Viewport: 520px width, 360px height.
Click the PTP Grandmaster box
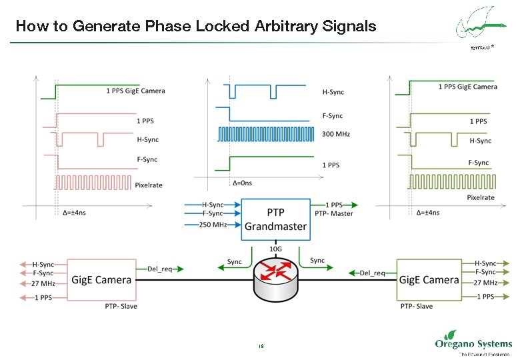click(x=275, y=219)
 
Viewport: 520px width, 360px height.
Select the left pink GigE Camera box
click(x=102, y=280)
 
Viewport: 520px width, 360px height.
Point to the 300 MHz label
click(x=336, y=134)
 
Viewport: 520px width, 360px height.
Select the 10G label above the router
click(x=275, y=249)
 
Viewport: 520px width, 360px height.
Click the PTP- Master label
click(x=334, y=213)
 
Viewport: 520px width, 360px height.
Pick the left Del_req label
click(x=160, y=269)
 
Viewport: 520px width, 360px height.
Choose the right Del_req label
click(x=372, y=273)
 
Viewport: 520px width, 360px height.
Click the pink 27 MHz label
click(x=43, y=283)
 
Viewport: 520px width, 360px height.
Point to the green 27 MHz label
click(x=486, y=283)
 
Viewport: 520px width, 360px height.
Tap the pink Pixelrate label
click(x=149, y=185)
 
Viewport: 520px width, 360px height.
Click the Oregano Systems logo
click(x=473, y=344)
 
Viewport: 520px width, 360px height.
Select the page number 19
click(x=261, y=346)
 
